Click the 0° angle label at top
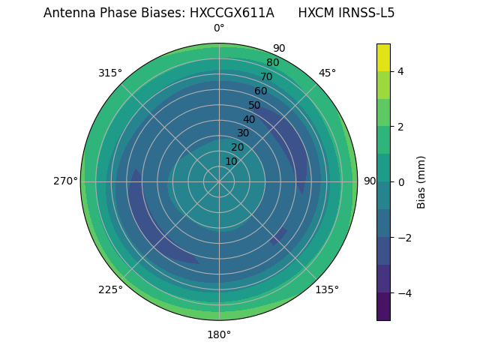(219, 28)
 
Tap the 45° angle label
(327, 73)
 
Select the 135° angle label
(327, 289)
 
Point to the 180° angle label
(219, 334)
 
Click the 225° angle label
(110, 289)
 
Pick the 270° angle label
(65, 181)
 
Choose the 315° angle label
(110, 73)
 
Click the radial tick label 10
(231, 161)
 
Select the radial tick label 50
(255, 106)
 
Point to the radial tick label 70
(266, 77)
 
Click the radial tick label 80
(272, 63)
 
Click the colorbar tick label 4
(400, 72)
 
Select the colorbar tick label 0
(400, 182)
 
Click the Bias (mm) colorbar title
(421, 182)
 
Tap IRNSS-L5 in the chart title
(367, 13)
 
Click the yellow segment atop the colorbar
(383, 58)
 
